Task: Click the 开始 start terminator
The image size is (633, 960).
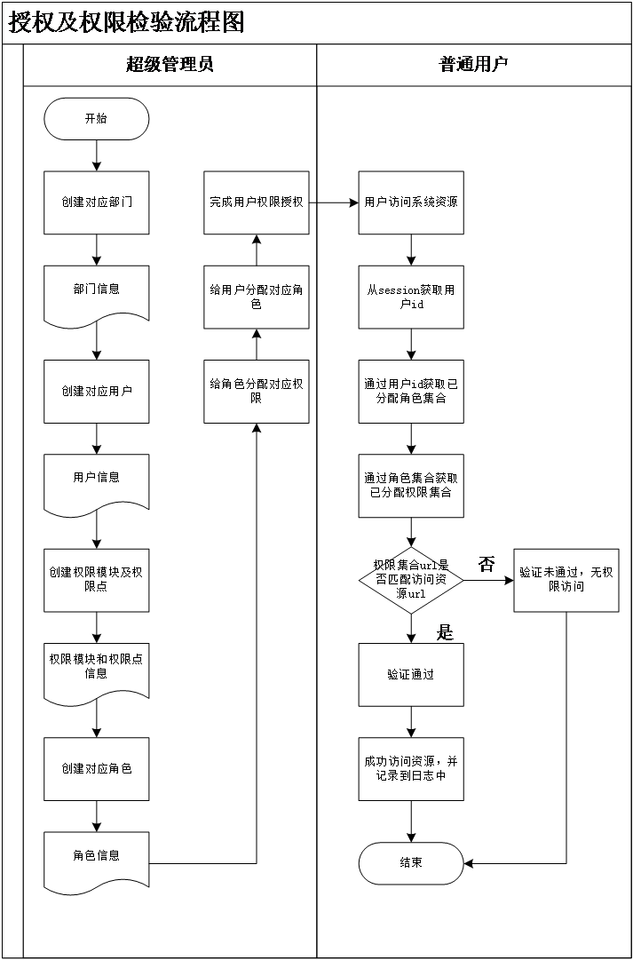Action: pos(96,119)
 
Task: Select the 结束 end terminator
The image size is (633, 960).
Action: pos(411,863)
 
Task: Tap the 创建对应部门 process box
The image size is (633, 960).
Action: pos(96,202)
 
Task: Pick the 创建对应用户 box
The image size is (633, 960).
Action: pos(96,391)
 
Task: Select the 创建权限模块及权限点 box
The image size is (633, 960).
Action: pos(96,580)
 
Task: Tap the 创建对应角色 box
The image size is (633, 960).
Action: pos(96,768)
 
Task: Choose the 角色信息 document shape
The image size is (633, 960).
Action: pos(96,859)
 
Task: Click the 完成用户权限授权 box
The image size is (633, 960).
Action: pos(257,202)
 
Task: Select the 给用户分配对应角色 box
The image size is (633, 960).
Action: pos(257,297)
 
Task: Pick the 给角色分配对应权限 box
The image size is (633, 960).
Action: pos(257,391)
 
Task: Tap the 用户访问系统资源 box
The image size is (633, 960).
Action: pos(411,202)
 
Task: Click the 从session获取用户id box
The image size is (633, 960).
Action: pos(411,297)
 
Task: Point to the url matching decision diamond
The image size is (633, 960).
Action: pos(411,580)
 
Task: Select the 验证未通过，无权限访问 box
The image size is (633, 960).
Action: pos(566,580)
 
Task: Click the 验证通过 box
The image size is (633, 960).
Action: pos(411,674)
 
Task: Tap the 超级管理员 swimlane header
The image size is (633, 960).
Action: pos(170,65)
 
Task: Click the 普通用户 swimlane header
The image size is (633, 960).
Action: pos(473,65)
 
